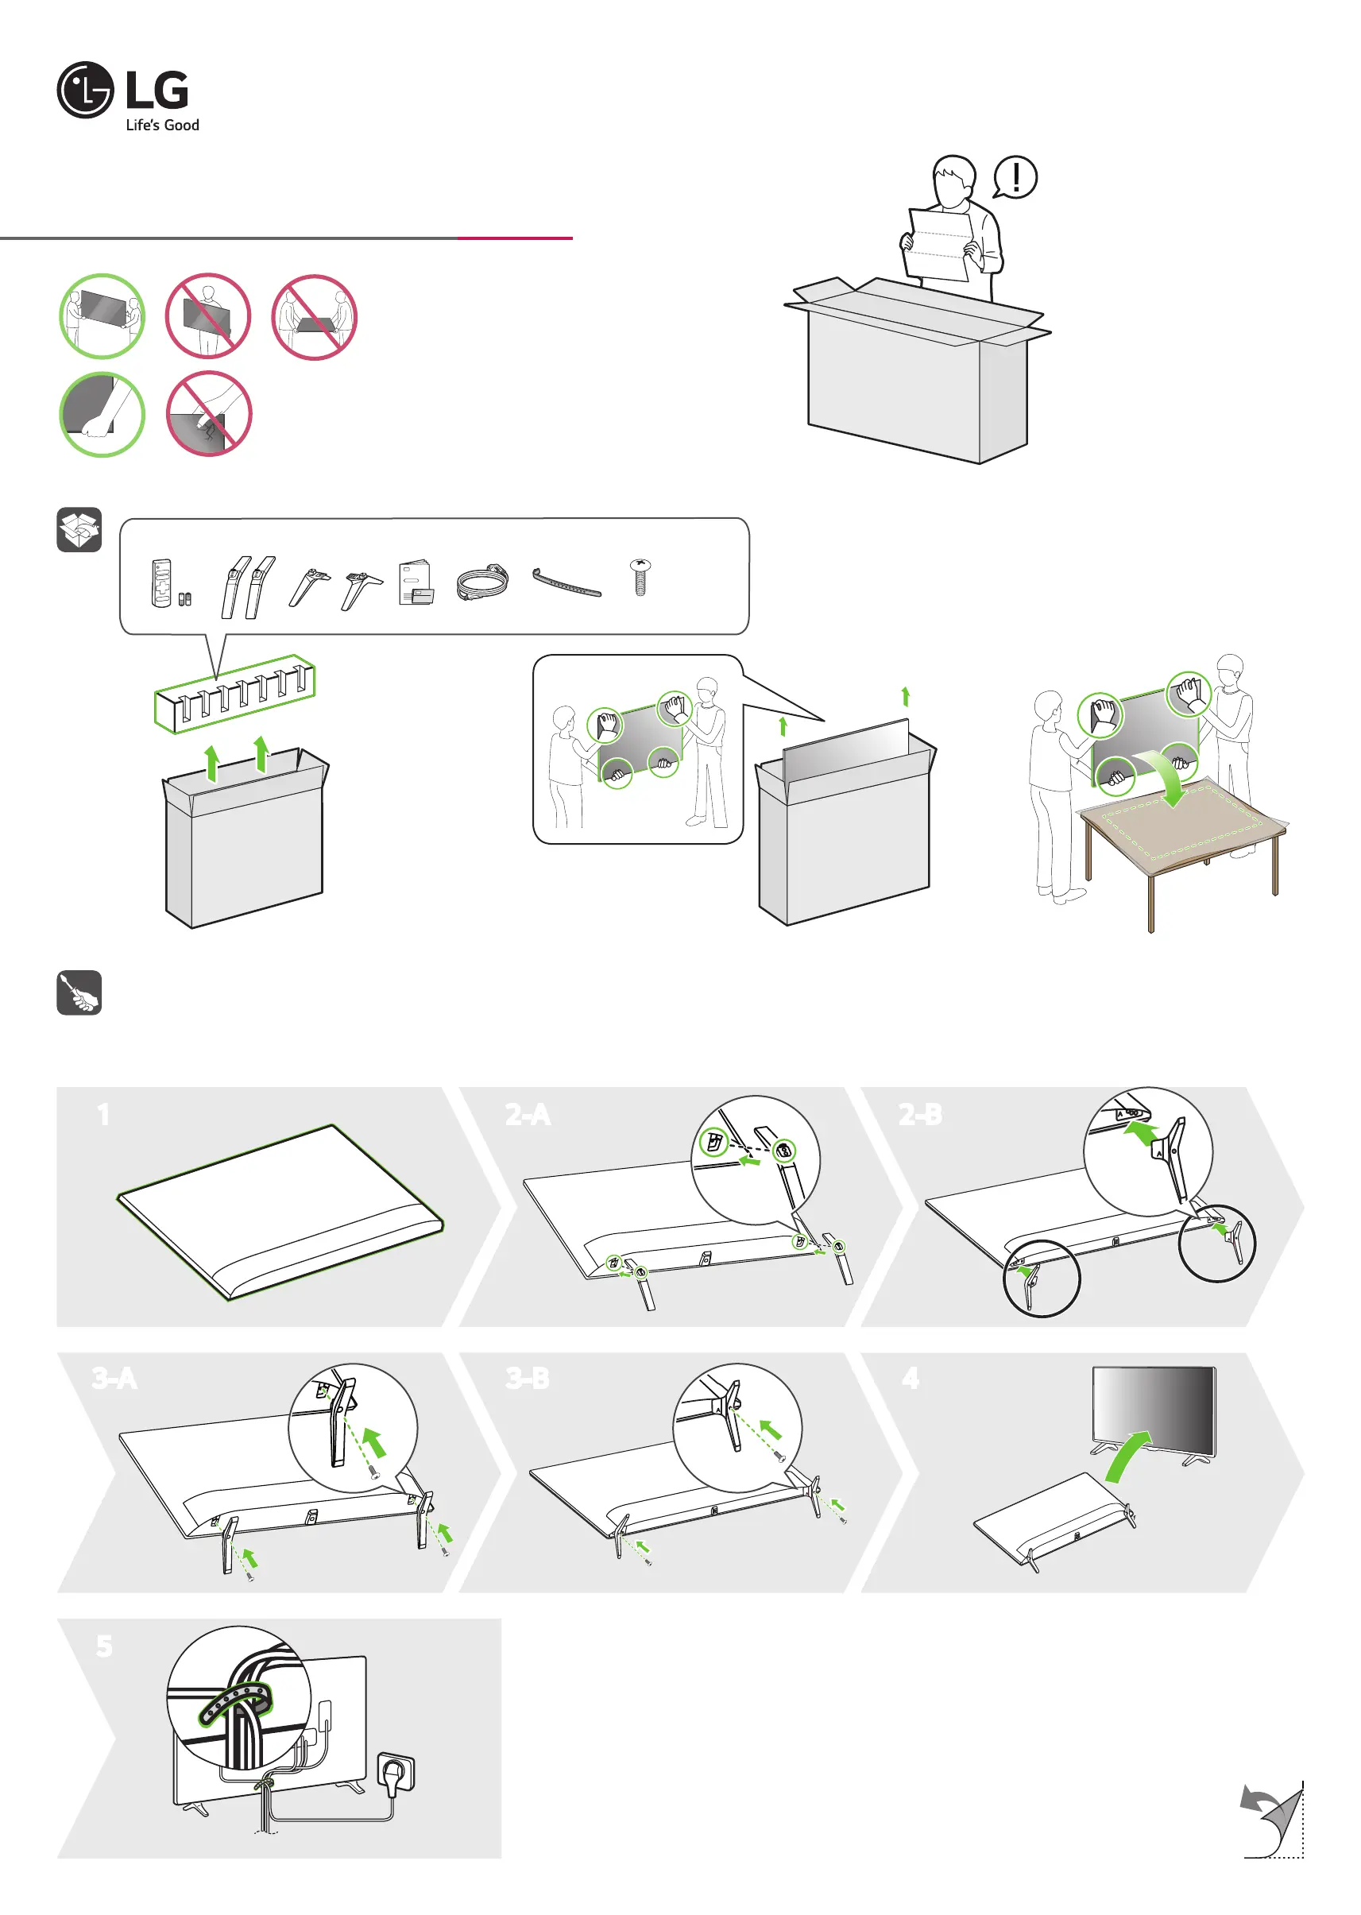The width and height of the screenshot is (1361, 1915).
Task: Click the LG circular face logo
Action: click(x=85, y=90)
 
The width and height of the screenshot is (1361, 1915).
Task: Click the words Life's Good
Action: click(x=162, y=126)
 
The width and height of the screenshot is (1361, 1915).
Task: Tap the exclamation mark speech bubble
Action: click(x=1015, y=178)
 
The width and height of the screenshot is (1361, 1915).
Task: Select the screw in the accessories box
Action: click(x=640, y=577)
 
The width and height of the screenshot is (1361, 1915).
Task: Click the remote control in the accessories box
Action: click(x=162, y=582)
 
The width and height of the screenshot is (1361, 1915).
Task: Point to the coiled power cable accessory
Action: click(x=483, y=581)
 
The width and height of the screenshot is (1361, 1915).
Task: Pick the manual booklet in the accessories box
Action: click(x=416, y=582)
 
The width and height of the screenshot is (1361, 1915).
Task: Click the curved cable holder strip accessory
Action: click(x=566, y=582)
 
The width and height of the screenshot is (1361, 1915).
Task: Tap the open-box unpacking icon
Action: click(x=79, y=530)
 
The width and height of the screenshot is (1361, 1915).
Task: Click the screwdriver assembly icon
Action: click(x=79, y=992)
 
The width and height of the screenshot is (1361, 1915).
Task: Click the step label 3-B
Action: click(x=527, y=1378)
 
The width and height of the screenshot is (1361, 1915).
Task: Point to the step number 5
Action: click(x=104, y=1646)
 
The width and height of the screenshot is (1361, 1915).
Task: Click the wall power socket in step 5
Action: click(x=396, y=1773)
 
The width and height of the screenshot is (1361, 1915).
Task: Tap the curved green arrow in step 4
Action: click(x=1127, y=1457)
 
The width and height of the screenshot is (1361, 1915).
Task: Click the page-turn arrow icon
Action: click(x=1270, y=1821)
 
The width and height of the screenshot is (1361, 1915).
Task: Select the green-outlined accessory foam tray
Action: click(x=234, y=693)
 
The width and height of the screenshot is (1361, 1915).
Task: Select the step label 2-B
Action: click(x=920, y=1115)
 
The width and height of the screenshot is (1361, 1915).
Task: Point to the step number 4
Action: click(x=911, y=1378)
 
